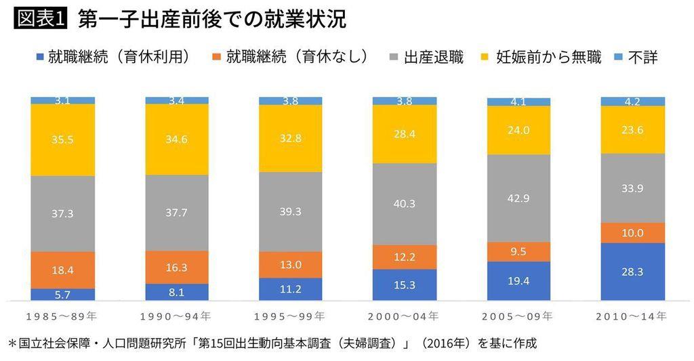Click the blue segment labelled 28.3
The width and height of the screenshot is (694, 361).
click(x=632, y=272)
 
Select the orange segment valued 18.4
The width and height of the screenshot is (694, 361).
click(x=62, y=270)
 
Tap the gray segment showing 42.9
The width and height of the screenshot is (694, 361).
click(x=518, y=198)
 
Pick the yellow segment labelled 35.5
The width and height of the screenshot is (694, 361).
click(x=62, y=140)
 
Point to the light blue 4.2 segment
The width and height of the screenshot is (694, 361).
click(x=632, y=101)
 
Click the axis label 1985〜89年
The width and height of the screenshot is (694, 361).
click(x=62, y=316)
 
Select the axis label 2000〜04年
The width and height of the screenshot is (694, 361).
click(x=405, y=316)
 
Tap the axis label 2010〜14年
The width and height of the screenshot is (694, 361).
click(x=632, y=316)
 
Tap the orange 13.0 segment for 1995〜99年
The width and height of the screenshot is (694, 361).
click(x=291, y=265)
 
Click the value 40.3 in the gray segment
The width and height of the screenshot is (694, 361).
click(x=405, y=203)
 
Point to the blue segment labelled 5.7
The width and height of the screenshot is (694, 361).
click(x=62, y=295)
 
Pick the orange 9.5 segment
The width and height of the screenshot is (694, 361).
click(x=518, y=252)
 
